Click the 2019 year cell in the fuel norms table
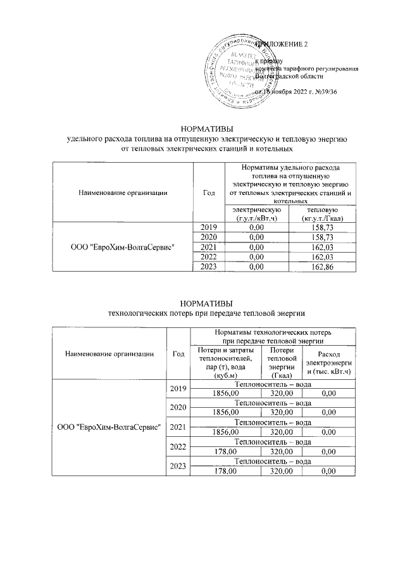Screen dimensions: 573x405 [208, 227]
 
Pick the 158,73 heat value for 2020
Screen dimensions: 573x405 [322, 237]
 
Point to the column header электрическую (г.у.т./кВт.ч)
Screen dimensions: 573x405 [256, 213]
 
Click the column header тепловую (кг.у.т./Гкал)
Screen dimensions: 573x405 [322, 213]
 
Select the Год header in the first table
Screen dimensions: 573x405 [208, 192]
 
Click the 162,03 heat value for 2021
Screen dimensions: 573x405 [322, 247]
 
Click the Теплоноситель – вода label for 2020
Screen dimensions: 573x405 [273, 403]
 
